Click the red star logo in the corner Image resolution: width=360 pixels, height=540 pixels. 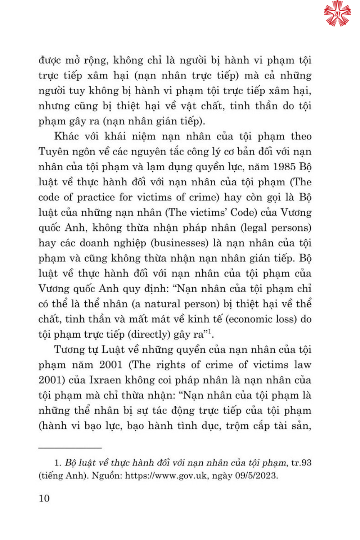coord(337,14)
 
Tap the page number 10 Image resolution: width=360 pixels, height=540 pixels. coord(44,498)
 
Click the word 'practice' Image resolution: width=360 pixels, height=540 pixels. coord(95,198)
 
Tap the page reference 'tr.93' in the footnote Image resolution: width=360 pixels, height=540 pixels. coord(301,463)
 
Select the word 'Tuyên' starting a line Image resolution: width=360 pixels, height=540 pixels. coord(54,152)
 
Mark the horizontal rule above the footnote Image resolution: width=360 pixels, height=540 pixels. coord(70,448)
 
